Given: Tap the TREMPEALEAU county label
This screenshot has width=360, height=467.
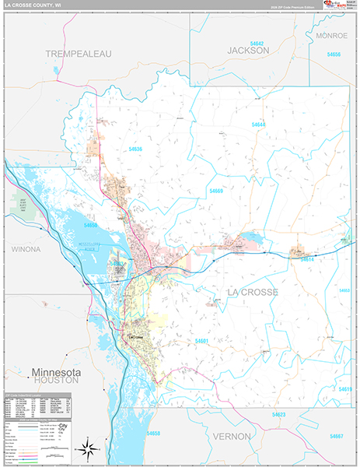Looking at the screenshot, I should pyautogui.click(x=79, y=53).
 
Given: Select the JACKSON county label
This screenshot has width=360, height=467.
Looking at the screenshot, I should pyautogui.click(x=248, y=50).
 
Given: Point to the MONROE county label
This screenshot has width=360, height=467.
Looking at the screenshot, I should pyautogui.click(x=332, y=36).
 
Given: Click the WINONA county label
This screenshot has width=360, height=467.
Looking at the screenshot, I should pyautogui.click(x=30, y=249).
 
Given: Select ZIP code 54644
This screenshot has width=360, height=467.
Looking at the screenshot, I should pyautogui.click(x=259, y=125).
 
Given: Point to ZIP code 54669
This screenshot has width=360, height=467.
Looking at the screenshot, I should pyautogui.click(x=215, y=191).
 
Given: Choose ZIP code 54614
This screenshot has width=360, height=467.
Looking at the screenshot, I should pyautogui.click(x=306, y=259).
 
